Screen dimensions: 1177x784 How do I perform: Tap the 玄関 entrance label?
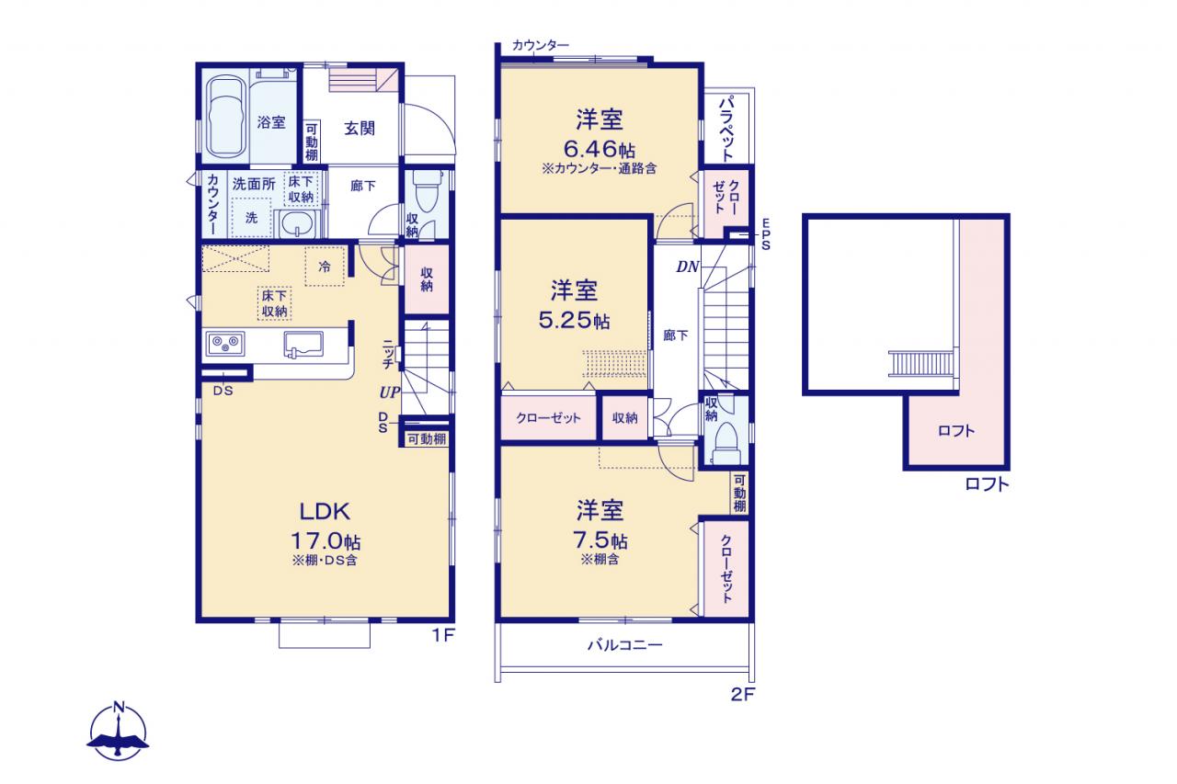(360, 128)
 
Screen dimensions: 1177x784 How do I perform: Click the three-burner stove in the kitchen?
(225, 344)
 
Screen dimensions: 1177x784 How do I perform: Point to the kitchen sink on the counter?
(303, 345)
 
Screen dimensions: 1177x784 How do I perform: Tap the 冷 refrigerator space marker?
(325, 267)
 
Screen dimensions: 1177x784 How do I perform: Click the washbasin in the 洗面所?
(297, 224)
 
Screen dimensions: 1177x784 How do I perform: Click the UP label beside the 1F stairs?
(389, 392)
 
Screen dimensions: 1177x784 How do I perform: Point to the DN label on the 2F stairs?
(687, 267)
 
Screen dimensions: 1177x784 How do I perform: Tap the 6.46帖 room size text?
(599, 149)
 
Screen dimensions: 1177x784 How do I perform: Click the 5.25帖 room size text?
(574, 320)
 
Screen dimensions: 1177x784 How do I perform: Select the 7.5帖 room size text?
(600, 540)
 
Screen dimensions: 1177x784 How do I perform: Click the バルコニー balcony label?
(624, 644)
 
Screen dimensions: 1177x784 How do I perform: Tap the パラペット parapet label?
(726, 128)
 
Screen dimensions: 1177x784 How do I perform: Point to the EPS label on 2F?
(766, 234)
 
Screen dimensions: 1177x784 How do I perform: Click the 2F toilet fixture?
(727, 442)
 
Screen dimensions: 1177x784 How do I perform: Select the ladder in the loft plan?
(920, 364)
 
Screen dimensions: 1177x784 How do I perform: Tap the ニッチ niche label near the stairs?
(388, 354)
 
